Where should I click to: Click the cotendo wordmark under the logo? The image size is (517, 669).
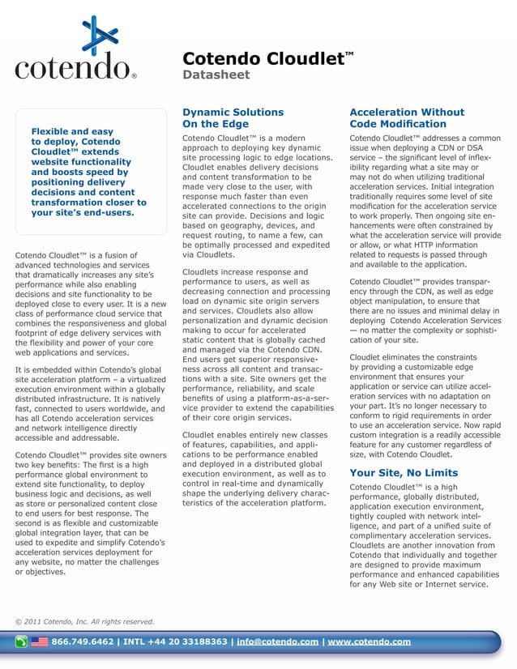(x=71, y=67)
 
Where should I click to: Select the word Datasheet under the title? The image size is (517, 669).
(x=216, y=75)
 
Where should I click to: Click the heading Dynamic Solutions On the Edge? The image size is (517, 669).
(x=233, y=118)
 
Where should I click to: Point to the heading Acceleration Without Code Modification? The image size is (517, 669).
(x=406, y=118)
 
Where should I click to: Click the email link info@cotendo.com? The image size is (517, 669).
(x=277, y=642)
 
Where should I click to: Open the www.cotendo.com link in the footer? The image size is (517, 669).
(x=369, y=642)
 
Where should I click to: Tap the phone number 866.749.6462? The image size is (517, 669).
(x=83, y=642)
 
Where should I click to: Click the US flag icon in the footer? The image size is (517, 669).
(x=40, y=642)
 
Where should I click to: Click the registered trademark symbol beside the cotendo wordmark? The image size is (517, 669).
(x=134, y=78)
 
